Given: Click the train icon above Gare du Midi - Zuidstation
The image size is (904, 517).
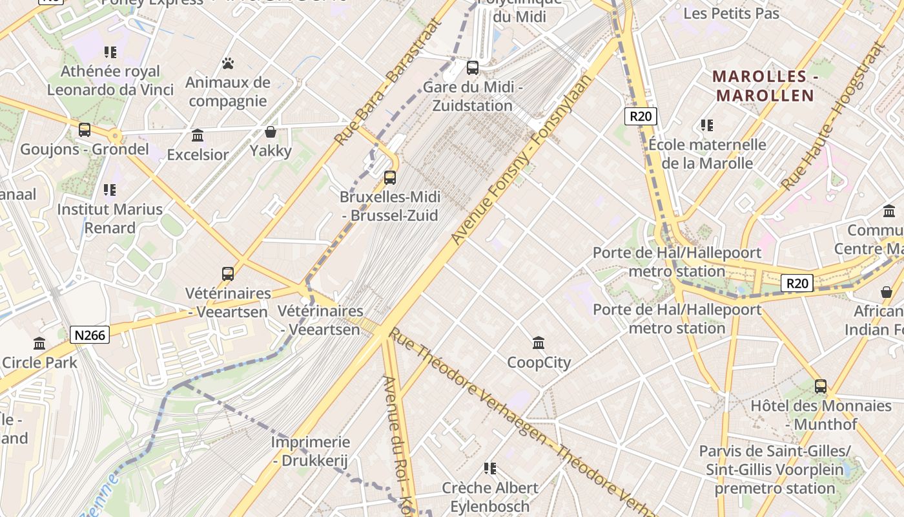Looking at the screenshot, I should point(473,67).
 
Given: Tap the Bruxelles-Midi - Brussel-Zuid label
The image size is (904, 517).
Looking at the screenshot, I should point(389,206).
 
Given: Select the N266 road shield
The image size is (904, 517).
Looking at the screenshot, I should point(90,335).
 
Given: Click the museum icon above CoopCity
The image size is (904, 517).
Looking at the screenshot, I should point(539,343).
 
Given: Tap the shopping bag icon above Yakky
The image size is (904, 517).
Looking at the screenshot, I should point(271,132).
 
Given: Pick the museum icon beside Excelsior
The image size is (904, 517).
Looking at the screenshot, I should point(198,135).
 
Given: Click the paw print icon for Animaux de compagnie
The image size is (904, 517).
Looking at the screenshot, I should point(227,63).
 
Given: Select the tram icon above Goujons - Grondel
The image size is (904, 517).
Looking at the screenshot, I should point(85,129).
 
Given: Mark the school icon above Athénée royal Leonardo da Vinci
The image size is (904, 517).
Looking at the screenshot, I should point(110,52).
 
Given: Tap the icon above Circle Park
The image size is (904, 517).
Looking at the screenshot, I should point(39,343).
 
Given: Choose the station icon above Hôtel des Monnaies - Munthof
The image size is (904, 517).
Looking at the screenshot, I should point(820,386).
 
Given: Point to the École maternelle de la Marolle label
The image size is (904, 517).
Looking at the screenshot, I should point(707,154).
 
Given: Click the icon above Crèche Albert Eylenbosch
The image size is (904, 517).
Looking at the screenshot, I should point(490,468).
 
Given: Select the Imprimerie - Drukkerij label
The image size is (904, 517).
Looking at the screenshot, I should point(310,452).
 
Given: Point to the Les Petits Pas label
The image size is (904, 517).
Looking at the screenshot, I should point(731,13).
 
